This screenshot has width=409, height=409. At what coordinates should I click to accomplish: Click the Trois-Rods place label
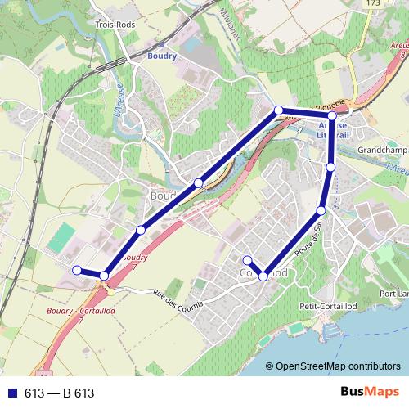point(114,25)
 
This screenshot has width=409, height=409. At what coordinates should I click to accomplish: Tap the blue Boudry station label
point(161,56)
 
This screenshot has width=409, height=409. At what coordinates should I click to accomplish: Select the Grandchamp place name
point(383,151)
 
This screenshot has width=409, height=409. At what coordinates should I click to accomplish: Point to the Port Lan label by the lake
point(393,293)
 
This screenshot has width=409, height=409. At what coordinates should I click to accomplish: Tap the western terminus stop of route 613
point(76,270)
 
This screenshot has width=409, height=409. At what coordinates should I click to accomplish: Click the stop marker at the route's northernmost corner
point(279,110)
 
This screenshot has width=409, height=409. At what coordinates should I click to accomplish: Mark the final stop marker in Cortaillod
point(247,260)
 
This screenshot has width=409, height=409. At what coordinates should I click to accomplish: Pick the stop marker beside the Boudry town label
point(199,182)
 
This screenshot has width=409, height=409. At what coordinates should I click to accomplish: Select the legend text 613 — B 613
point(59,393)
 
